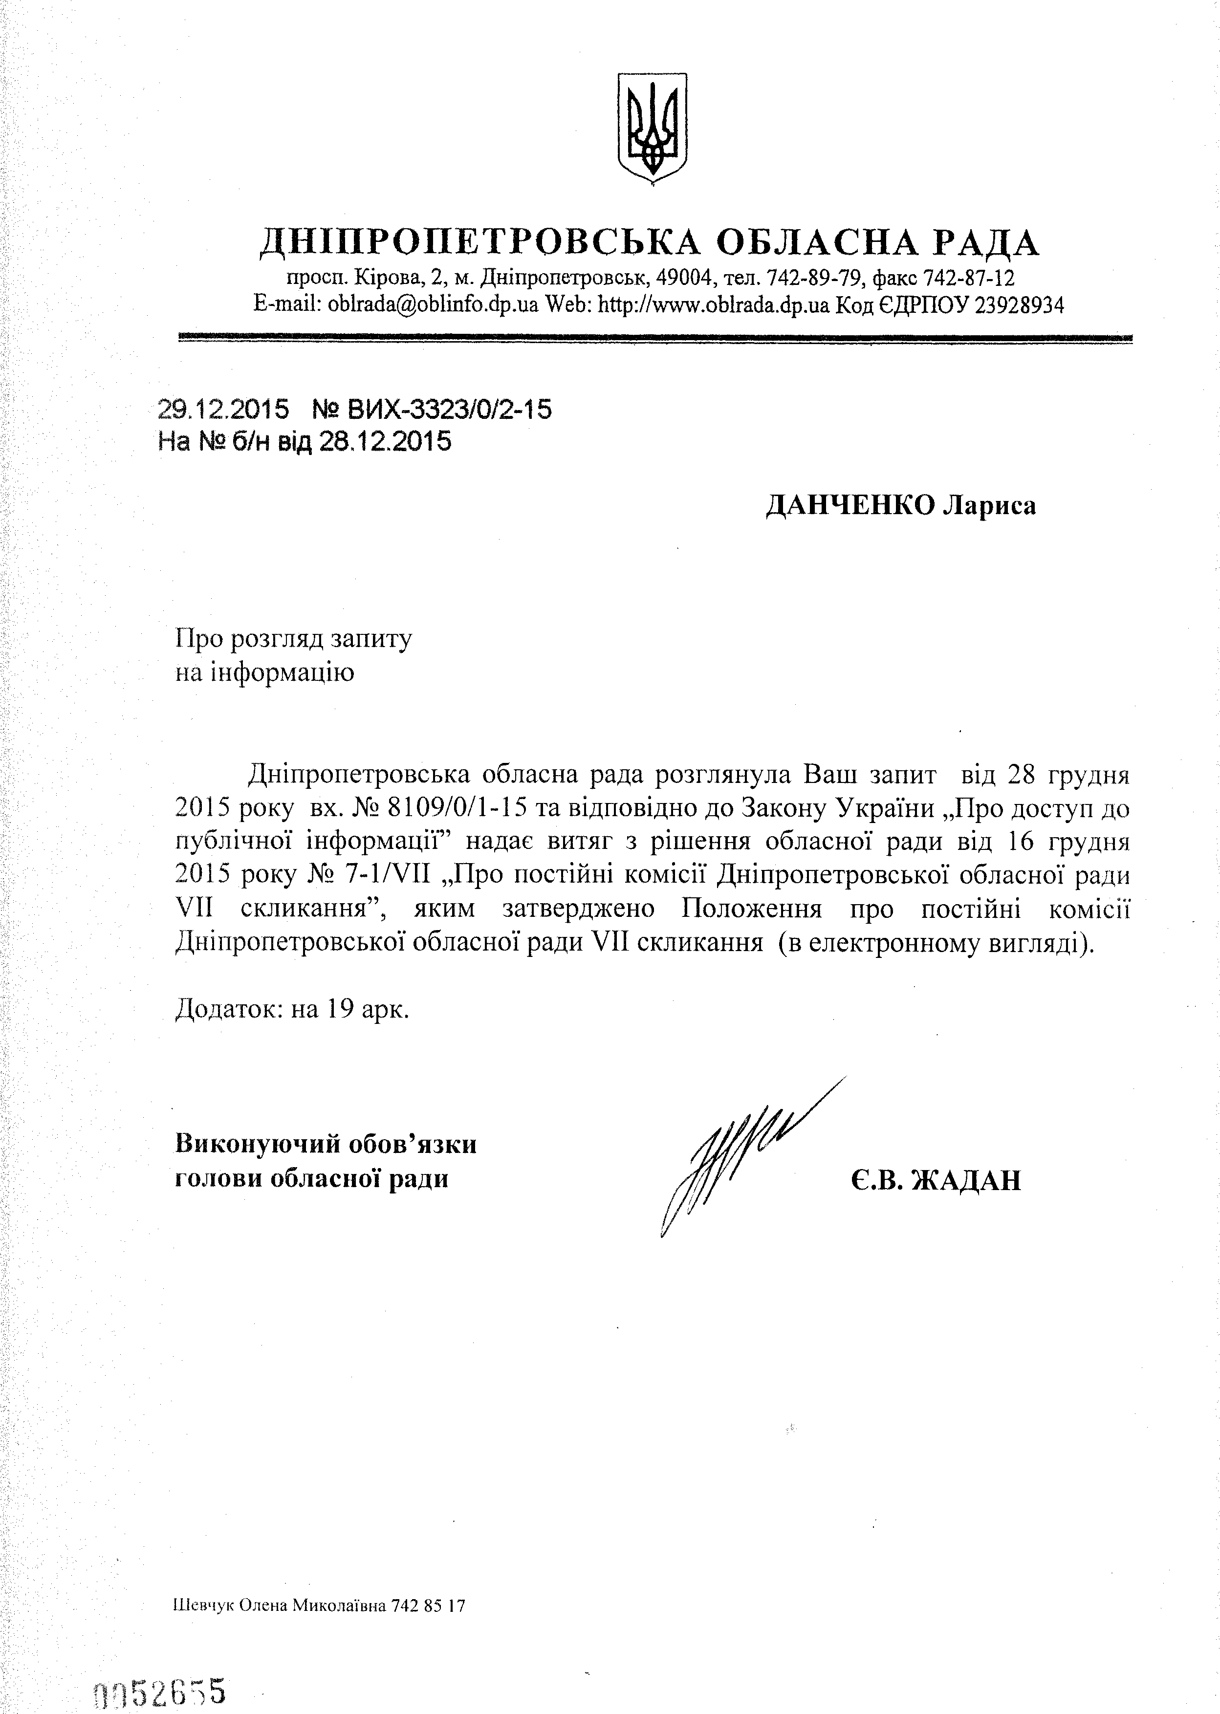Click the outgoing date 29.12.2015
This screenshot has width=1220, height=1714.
click(x=223, y=410)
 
